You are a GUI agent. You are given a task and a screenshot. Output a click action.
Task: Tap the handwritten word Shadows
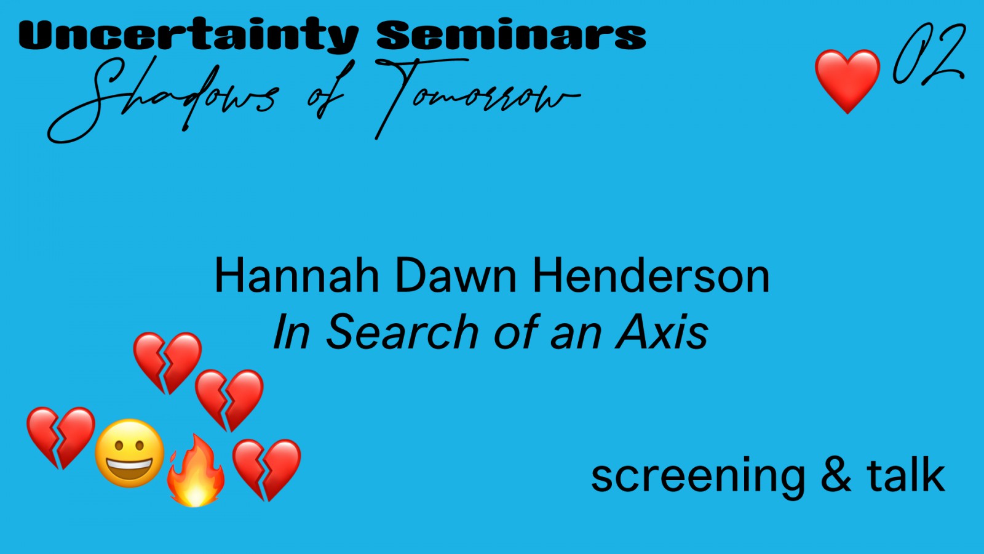click(x=162, y=99)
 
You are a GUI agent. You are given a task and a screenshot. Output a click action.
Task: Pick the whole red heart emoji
click(x=847, y=81)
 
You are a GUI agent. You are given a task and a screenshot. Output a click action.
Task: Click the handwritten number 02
click(x=929, y=54)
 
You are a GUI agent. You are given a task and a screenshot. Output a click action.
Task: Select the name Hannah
click(x=296, y=276)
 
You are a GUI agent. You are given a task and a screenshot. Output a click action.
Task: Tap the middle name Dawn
click(x=456, y=276)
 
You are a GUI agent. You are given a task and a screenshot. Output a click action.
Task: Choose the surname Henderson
click(x=651, y=276)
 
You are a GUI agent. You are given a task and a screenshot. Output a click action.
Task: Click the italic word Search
click(x=402, y=332)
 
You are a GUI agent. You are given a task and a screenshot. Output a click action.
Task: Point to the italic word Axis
click(x=662, y=332)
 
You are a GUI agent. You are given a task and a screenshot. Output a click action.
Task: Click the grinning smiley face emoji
click(x=130, y=453)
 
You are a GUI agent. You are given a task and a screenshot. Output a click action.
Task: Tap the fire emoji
click(x=196, y=470)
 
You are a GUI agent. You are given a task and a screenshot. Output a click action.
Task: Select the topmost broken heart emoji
click(x=167, y=363)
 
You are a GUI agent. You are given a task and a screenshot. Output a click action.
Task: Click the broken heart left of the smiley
click(x=61, y=438)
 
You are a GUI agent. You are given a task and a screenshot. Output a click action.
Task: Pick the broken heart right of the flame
click(x=267, y=470)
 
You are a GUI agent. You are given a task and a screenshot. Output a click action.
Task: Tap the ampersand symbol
click(x=836, y=474)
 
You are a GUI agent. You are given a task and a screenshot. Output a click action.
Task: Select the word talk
click(x=906, y=474)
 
